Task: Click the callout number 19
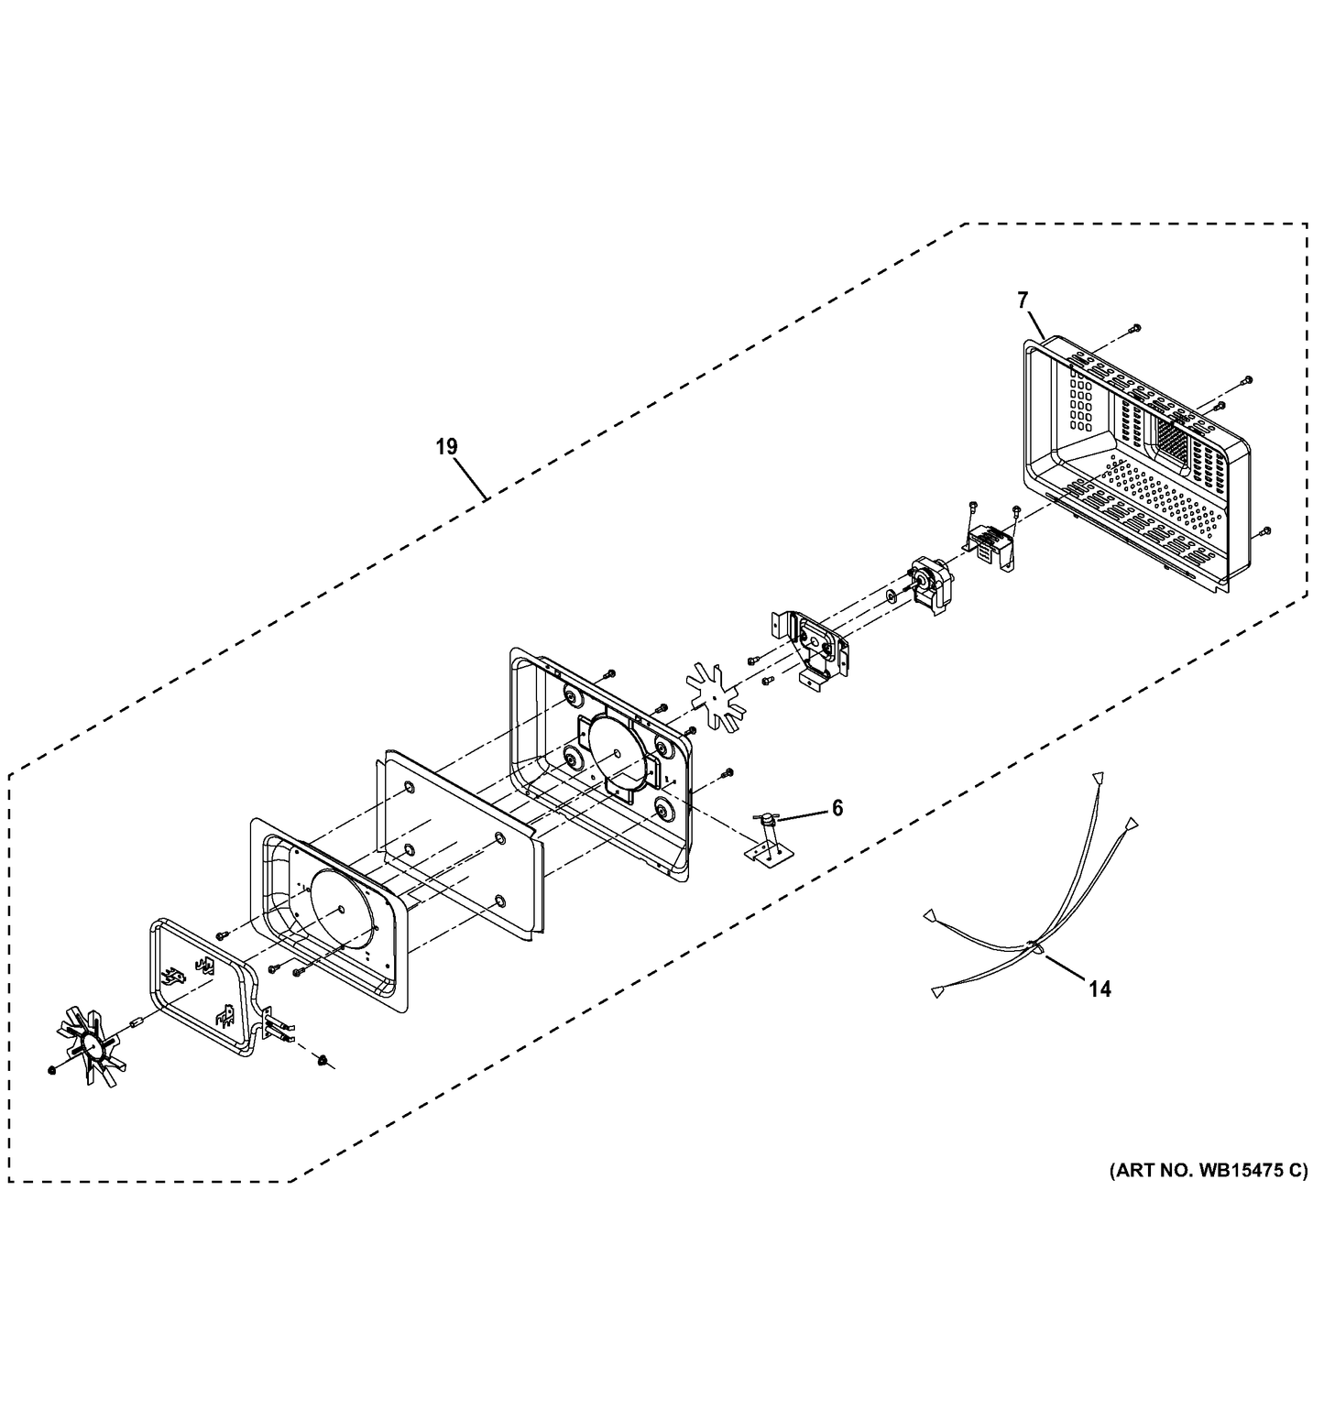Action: coord(446,447)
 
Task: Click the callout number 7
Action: coord(1023,299)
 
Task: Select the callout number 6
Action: coord(837,807)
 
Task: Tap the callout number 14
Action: coord(1100,988)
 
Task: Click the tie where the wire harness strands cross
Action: coord(1033,945)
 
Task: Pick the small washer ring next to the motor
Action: coord(890,597)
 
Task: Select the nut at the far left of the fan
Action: coord(50,1068)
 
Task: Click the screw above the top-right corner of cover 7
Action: coord(1134,327)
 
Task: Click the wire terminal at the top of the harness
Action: coord(1097,777)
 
